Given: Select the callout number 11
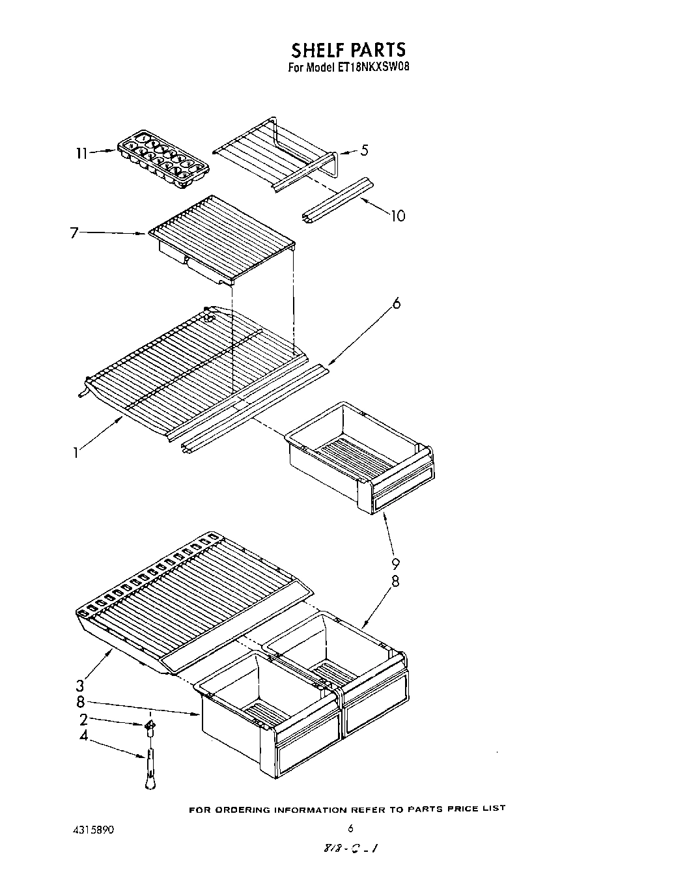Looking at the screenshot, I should (x=81, y=154).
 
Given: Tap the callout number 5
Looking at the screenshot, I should (x=364, y=150).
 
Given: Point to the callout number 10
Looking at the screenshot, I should (x=397, y=216).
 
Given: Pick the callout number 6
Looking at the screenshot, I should (x=397, y=303).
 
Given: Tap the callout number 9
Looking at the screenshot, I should (x=395, y=563).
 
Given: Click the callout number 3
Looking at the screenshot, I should (x=80, y=685).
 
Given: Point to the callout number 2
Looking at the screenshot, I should (x=83, y=719).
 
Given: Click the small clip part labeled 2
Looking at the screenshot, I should (x=150, y=725).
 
